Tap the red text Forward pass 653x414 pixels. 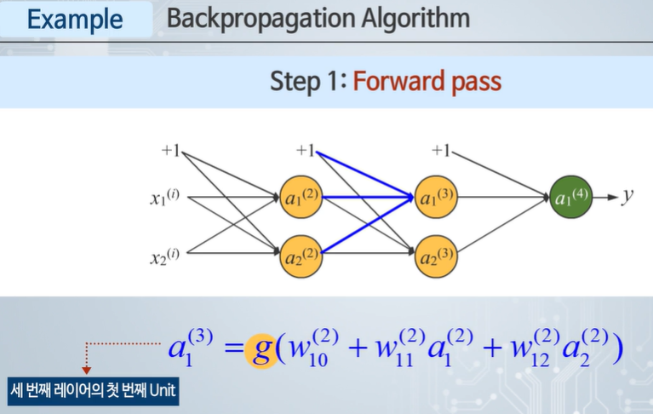point(427,82)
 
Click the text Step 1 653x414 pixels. point(304,82)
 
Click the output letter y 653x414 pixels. point(627,196)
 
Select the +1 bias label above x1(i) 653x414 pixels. point(171,152)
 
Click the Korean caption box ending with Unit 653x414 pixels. point(93,393)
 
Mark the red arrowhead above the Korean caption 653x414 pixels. point(86,371)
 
